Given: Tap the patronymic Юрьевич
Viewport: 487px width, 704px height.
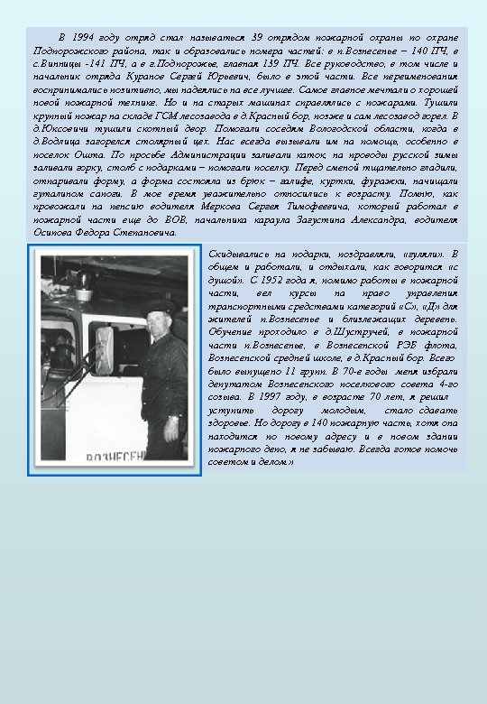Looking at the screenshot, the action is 265,79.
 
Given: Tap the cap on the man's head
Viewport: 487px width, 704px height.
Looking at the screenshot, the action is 159,308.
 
